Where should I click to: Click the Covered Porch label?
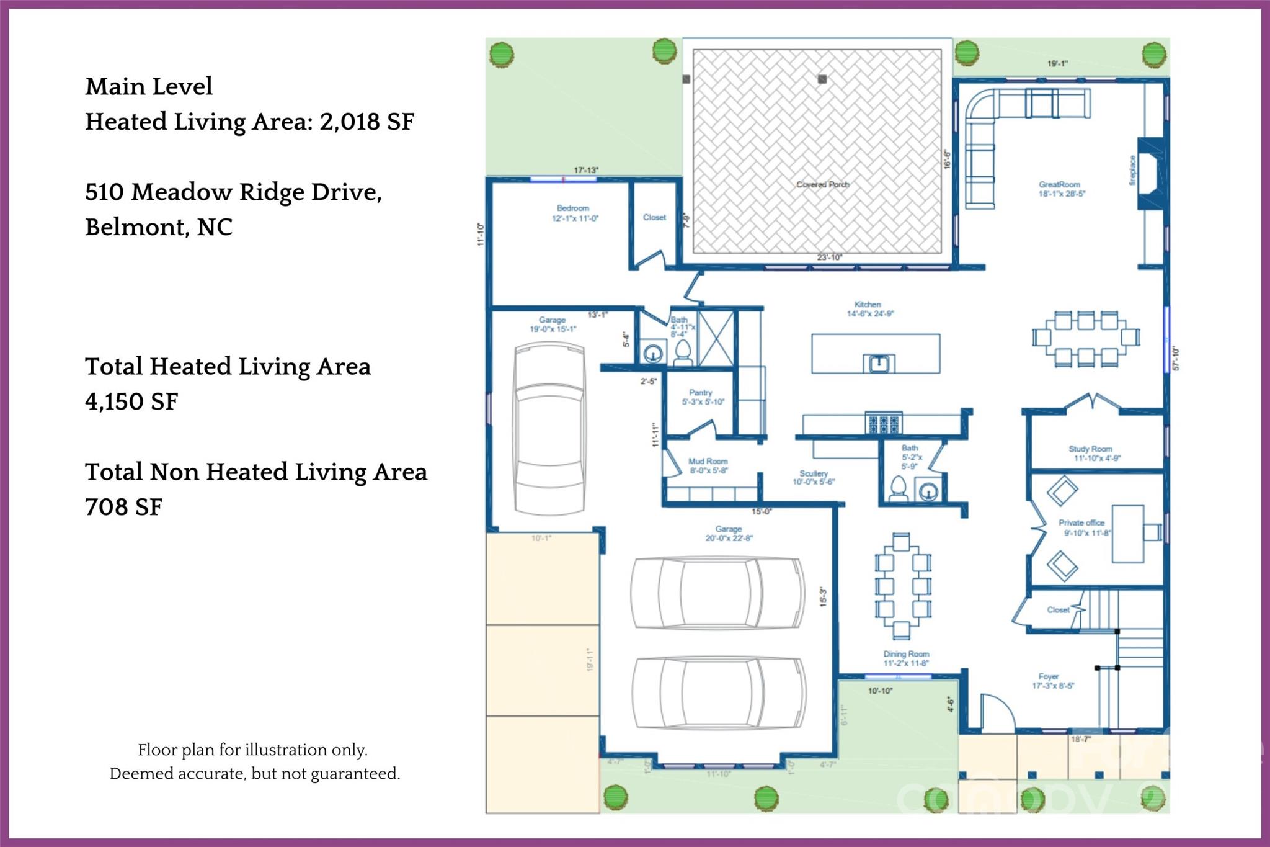pos(822,184)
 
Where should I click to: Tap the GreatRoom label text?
pos(1059,184)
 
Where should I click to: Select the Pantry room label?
pos(700,393)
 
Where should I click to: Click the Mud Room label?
pos(708,462)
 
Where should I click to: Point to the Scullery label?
pos(814,473)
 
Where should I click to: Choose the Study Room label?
pos(1090,449)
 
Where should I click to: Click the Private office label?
pos(1081,522)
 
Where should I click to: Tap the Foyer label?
pos(1049,676)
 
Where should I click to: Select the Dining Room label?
pos(906,654)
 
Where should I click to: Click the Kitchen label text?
pos(868,305)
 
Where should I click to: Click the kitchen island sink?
pos(879,362)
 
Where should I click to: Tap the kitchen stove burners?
pos(884,424)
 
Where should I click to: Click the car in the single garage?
pos(549,428)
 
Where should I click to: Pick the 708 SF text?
pos(123,507)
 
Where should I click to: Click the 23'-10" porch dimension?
pos(829,257)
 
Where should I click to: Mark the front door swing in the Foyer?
pos(996,710)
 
